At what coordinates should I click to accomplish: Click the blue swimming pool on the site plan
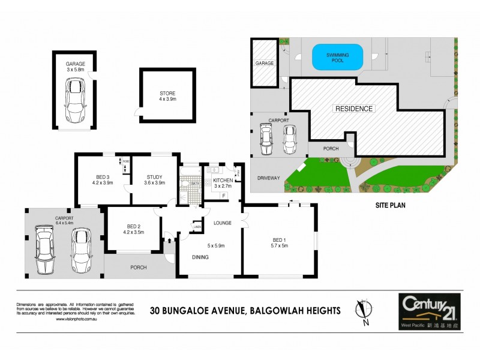tap(338, 58)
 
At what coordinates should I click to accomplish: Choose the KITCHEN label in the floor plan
tap(222, 180)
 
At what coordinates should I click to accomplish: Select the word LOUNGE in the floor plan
tap(222, 223)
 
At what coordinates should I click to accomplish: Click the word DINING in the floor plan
tap(201, 257)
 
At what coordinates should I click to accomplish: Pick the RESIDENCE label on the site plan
tap(353, 109)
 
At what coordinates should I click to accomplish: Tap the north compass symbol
tap(361, 310)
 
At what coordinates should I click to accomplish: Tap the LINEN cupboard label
tap(197, 226)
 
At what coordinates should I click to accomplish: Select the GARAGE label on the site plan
tap(265, 63)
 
